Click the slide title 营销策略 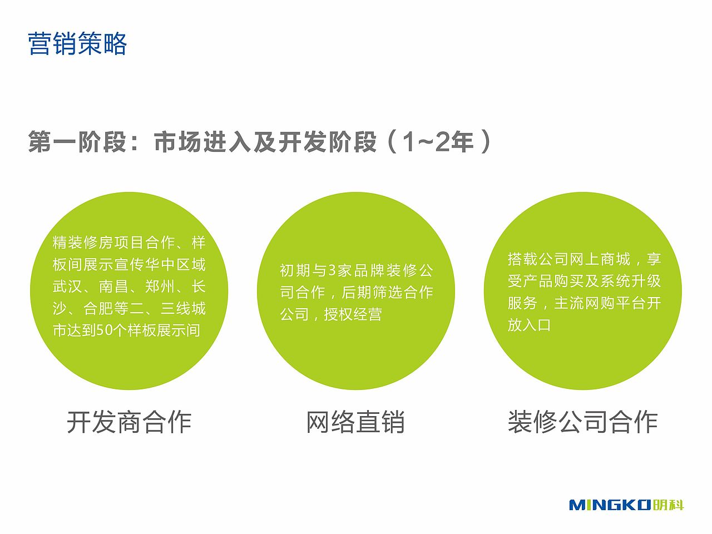pyautogui.click(x=77, y=44)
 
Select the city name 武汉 pyautogui.click(x=67, y=286)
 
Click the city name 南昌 pyautogui.click(x=113, y=286)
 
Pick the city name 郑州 pyautogui.click(x=160, y=286)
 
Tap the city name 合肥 pyautogui.click(x=98, y=308)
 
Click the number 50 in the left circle pyautogui.click(x=105, y=330)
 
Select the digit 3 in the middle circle pyautogui.click(x=333, y=271)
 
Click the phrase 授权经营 pyautogui.click(x=353, y=315)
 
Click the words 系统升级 pyautogui.click(x=631, y=281)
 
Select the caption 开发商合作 pyautogui.click(x=129, y=422)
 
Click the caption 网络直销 pyautogui.click(x=355, y=422)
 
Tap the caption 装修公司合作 pyautogui.click(x=582, y=422)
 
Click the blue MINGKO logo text pyautogui.click(x=610, y=505)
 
